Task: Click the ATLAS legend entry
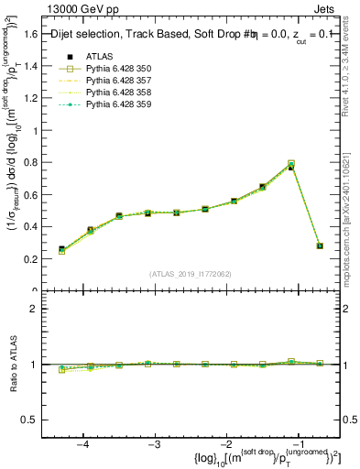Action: [x=99, y=56]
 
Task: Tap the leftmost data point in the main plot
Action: [x=61, y=249]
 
